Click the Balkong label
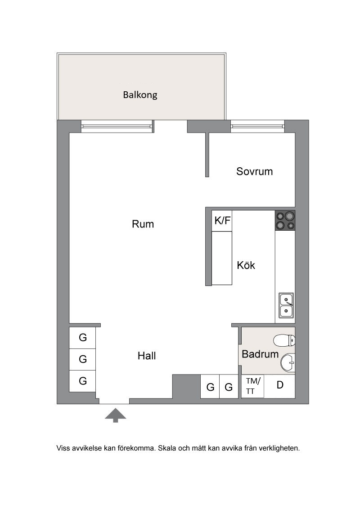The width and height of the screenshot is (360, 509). [x=140, y=95]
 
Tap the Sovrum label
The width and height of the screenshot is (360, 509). [x=254, y=171]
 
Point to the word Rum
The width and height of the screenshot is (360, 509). [x=143, y=224]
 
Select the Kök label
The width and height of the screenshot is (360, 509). [x=246, y=265]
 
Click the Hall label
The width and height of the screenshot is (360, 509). [x=147, y=356]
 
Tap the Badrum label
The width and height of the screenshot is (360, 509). [x=260, y=354]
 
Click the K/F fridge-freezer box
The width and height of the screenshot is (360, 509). [x=222, y=221]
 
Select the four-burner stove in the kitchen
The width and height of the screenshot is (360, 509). [x=285, y=221]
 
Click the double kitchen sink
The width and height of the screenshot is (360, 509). [x=286, y=305]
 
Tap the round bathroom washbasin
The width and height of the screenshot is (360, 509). [x=288, y=362]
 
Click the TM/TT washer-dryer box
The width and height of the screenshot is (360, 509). [x=253, y=386]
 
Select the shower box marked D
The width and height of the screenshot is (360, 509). [x=279, y=386]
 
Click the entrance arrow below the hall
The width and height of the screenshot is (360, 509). [x=115, y=415]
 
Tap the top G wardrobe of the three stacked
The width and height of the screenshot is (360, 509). [x=82, y=338]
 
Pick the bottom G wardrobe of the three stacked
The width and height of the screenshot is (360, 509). [x=82, y=381]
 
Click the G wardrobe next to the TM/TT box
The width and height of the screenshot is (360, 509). [x=229, y=387]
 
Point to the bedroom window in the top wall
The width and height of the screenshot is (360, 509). [x=258, y=126]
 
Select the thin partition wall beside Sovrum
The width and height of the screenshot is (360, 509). [x=207, y=155]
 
